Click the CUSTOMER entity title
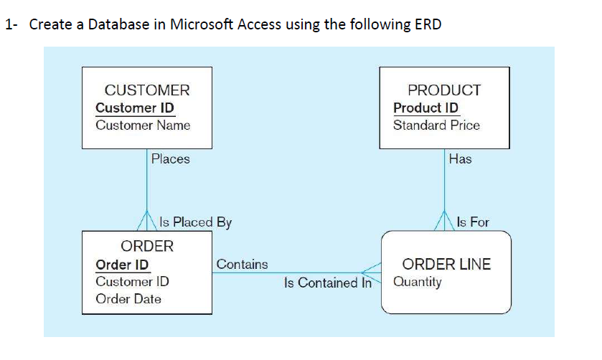(147, 90)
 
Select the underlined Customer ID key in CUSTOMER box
(135, 108)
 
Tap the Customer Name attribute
(143, 125)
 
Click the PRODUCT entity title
(444, 90)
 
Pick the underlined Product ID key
(425, 108)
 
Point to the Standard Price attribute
(436, 125)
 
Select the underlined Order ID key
(123, 265)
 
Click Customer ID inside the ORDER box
(132, 281)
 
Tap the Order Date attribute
(128, 298)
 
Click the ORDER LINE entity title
(446, 264)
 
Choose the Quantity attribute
(418, 281)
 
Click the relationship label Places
(171, 158)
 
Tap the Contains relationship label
(242, 264)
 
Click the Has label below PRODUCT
(460, 158)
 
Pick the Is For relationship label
(472, 222)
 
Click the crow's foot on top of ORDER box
(147, 222)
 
